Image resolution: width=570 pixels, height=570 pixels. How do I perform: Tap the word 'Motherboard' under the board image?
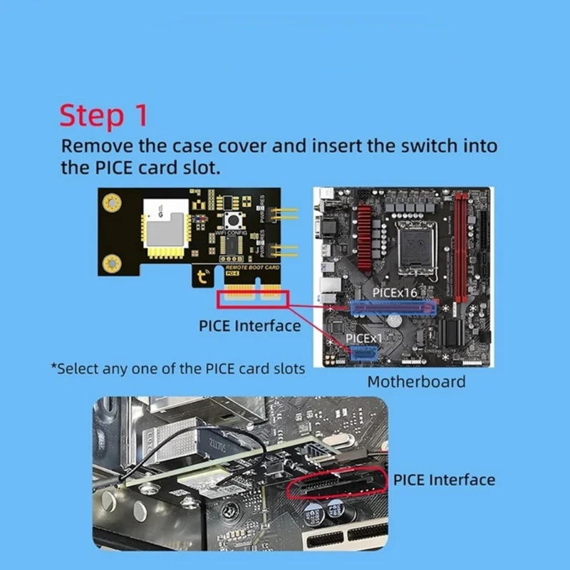click(x=416, y=381)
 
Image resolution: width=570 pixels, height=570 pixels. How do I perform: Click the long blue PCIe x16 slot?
click(x=393, y=308)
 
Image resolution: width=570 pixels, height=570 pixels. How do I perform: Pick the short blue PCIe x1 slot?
click(x=364, y=352)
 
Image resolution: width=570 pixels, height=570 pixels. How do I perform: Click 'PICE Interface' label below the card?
click(x=249, y=326)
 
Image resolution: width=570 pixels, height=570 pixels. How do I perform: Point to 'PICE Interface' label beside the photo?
click(x=443, y=480)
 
